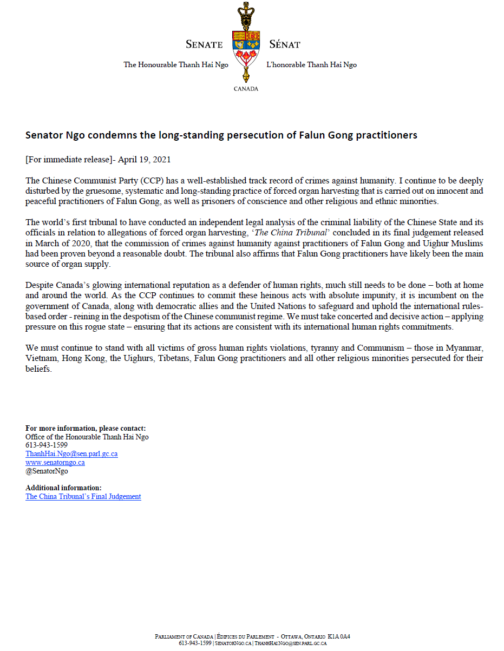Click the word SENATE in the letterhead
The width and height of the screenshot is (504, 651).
[204, 44]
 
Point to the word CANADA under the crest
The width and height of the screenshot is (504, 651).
[246, 89]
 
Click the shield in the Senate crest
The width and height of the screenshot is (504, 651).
[246, 50]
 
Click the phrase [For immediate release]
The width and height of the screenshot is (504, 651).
[62, 160]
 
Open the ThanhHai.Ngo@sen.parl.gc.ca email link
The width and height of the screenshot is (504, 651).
[71, 454]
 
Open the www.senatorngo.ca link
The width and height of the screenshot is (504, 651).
[55, 463]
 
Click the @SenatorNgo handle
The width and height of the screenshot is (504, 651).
[47, 471]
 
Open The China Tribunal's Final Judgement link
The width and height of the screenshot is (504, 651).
[83, 496]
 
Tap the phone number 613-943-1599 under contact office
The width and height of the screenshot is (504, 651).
[47, 445]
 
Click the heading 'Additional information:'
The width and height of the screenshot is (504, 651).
[63, 488]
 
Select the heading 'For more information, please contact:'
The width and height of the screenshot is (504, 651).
[86, 429]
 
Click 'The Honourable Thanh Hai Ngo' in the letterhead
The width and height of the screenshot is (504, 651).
[176, 65]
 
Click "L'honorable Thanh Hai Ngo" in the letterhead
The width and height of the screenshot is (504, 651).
[311, 65]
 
